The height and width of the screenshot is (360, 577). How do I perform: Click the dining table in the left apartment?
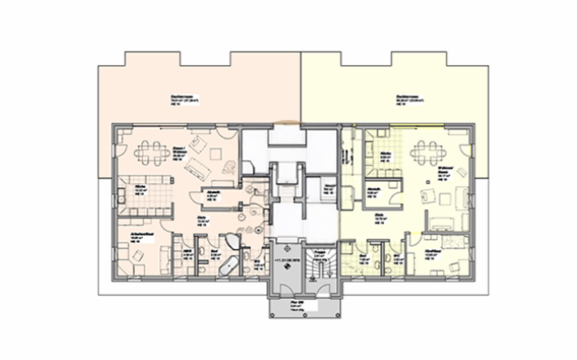click(x=151, y=150)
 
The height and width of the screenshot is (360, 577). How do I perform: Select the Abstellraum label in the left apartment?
click(x=214, y=193)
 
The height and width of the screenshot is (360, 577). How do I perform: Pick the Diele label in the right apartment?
click(x=377, y=215)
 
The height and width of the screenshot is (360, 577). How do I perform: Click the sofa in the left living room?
click(x=196, y=167)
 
